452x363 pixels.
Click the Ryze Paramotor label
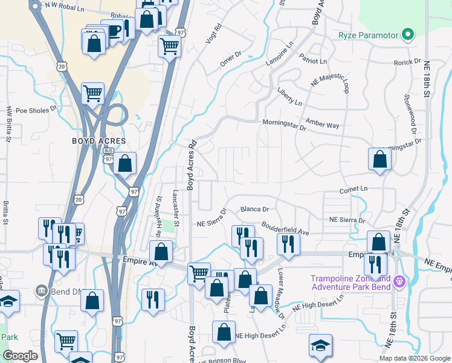pos(369,35)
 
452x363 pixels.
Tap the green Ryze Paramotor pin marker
pos(408,34)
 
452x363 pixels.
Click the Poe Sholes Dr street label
pos(36,111)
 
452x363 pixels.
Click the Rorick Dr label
pos(407,62)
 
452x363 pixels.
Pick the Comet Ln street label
pos(354,189)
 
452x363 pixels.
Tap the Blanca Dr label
pos(254,209)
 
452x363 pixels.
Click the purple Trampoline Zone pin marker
pos(399,281)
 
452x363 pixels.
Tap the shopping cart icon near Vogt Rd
pos(170,45)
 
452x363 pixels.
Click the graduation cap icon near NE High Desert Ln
pos(320,345)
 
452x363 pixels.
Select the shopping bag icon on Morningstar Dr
pos(379,159)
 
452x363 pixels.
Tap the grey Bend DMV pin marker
pos(41,291)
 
